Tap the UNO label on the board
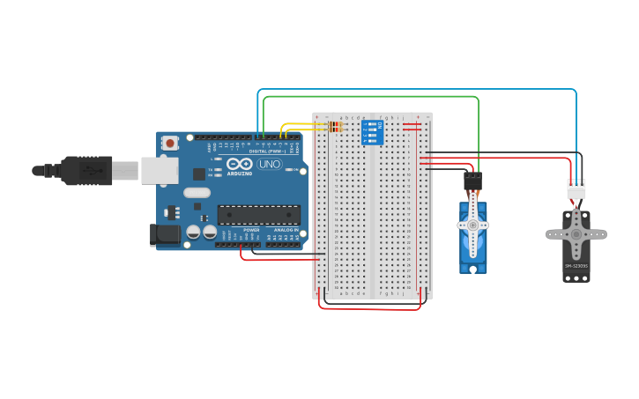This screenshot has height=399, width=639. click(x=269, y=164)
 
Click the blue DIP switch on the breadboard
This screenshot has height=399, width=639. click(x=372, y=133)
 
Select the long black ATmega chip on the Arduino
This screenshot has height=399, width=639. click(x=258, y=214)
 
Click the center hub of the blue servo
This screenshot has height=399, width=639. click(x=472, y=225)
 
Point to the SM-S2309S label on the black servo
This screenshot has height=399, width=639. click(x=576, y=265)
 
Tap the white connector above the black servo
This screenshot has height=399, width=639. click(x=576, y=188)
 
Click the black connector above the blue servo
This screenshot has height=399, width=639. click(x=473, y=181)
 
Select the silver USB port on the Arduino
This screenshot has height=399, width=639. click(x=160, y=170)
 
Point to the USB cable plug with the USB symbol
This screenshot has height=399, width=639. click(x=88, y=170)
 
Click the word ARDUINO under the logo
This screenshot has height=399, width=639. click(x=240, y=174)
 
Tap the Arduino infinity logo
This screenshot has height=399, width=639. click(x=240, y=164)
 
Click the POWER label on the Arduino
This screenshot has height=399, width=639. click(x=251, y=229)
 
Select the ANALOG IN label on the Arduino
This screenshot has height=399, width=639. click(x=285, y=229)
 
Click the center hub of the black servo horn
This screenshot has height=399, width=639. click(x=576, y=234)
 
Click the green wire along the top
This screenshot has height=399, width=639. click(x=370, y=97)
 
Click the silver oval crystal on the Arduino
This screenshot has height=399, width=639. click(x=197, y=193)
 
